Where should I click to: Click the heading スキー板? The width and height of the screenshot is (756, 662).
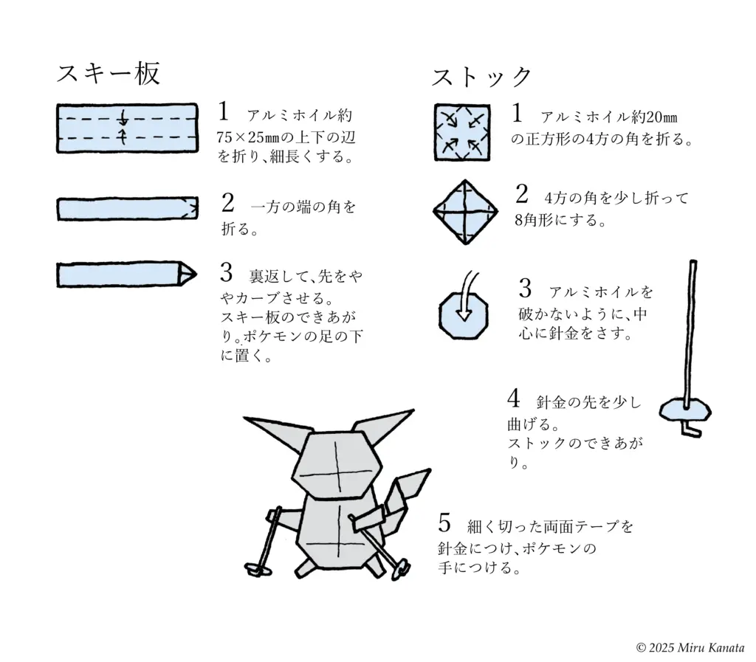pos(109,73)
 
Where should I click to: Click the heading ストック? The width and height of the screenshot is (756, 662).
pos(481,77)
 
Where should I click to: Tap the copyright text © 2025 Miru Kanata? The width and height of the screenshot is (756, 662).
pos(690,647)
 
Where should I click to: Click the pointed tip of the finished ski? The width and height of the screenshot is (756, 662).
pos(193,274)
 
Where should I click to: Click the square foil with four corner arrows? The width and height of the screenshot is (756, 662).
pos(463,131)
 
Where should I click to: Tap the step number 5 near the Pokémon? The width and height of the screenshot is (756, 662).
pos(444,523)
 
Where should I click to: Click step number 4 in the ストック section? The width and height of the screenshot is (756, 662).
pos(514,399)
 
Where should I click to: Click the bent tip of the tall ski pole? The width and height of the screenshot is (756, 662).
pos(691,430)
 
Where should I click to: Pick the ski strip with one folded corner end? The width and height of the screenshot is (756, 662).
pos(127,209)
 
